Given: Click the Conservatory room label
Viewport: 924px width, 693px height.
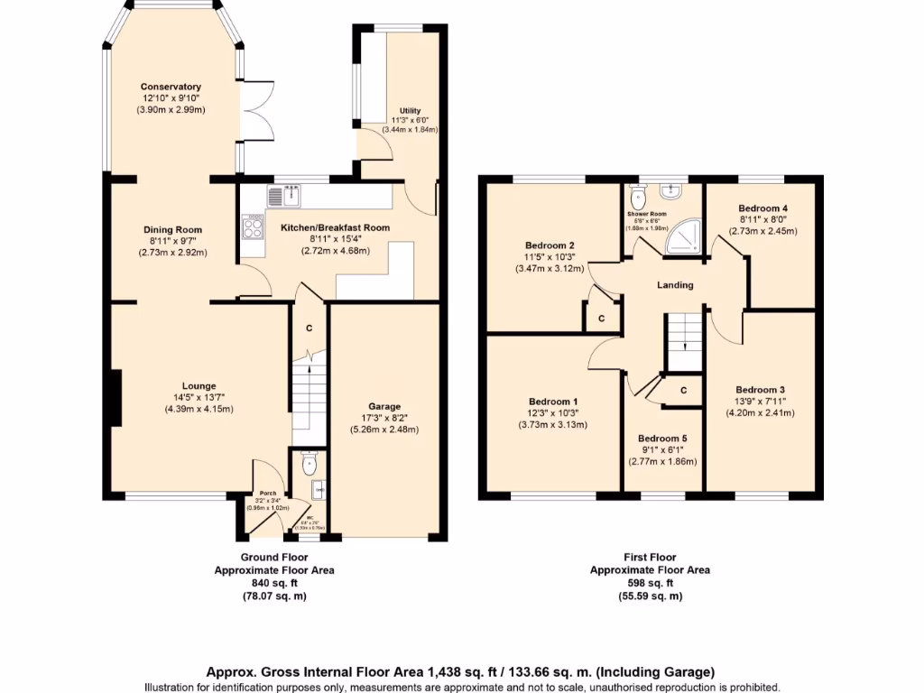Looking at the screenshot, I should point(171,87).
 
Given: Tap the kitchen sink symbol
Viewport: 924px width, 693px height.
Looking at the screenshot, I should point(286,193).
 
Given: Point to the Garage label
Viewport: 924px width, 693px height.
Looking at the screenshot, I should point(384,406).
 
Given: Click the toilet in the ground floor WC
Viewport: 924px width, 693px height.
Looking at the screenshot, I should point(310,464).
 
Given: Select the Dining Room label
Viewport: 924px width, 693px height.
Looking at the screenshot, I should point(172,229).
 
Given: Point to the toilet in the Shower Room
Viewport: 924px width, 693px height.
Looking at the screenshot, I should point(640,195).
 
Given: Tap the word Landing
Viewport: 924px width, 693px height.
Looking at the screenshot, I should point(675,285).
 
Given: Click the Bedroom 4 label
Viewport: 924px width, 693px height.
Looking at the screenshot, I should point(762,208).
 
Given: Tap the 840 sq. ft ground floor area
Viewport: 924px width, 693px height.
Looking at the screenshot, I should point(273,583).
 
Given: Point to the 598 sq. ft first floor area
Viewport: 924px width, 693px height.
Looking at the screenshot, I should point(650,583).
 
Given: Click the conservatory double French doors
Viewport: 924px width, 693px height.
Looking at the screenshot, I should point(258,113).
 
